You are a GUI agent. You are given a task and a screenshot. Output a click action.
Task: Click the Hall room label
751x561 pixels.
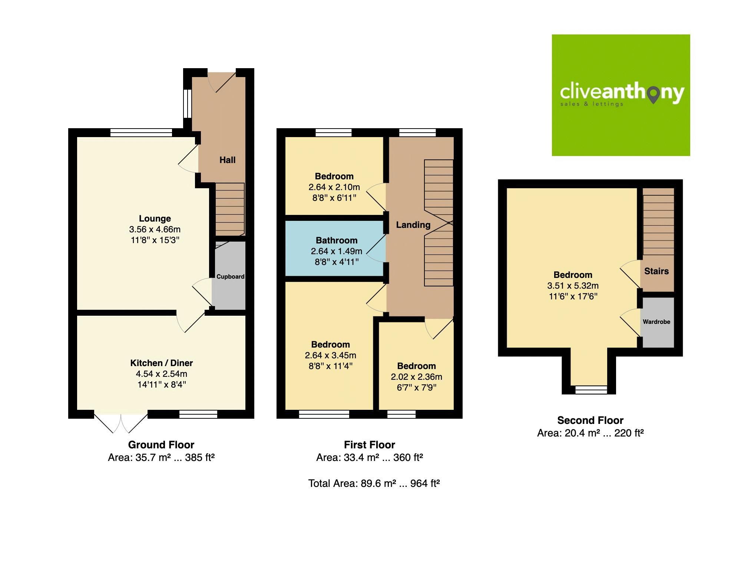(227, 160)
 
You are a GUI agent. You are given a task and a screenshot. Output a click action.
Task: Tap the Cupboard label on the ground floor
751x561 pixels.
(230, 276)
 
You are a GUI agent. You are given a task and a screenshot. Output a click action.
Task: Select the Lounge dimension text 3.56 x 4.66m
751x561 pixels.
(155, 229)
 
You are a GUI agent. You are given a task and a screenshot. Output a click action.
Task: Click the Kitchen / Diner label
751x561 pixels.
(161, 363)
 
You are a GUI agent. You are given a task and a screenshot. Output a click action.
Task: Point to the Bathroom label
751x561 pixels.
(337, 240)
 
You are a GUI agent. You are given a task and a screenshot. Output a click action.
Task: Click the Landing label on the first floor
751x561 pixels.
(413, 225)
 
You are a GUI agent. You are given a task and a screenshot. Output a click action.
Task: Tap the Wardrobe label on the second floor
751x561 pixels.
(656, 322)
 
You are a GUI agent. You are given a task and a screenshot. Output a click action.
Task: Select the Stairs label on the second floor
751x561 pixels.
(656, 271)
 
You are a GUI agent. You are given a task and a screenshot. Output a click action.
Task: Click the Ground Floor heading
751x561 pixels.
(161, 445)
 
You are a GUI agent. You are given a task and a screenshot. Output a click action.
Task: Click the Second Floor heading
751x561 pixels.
(590, 420)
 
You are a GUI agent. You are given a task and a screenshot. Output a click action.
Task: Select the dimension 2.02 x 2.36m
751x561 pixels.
(416, 377)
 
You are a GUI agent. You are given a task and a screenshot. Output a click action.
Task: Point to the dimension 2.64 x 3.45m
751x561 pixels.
(330, 355)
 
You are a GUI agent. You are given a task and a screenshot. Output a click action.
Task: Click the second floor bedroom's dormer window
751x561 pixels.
(591, 389)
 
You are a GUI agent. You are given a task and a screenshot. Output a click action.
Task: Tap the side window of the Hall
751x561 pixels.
(188, 104)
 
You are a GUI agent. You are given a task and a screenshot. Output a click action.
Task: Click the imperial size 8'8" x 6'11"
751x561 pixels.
(334, 198)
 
